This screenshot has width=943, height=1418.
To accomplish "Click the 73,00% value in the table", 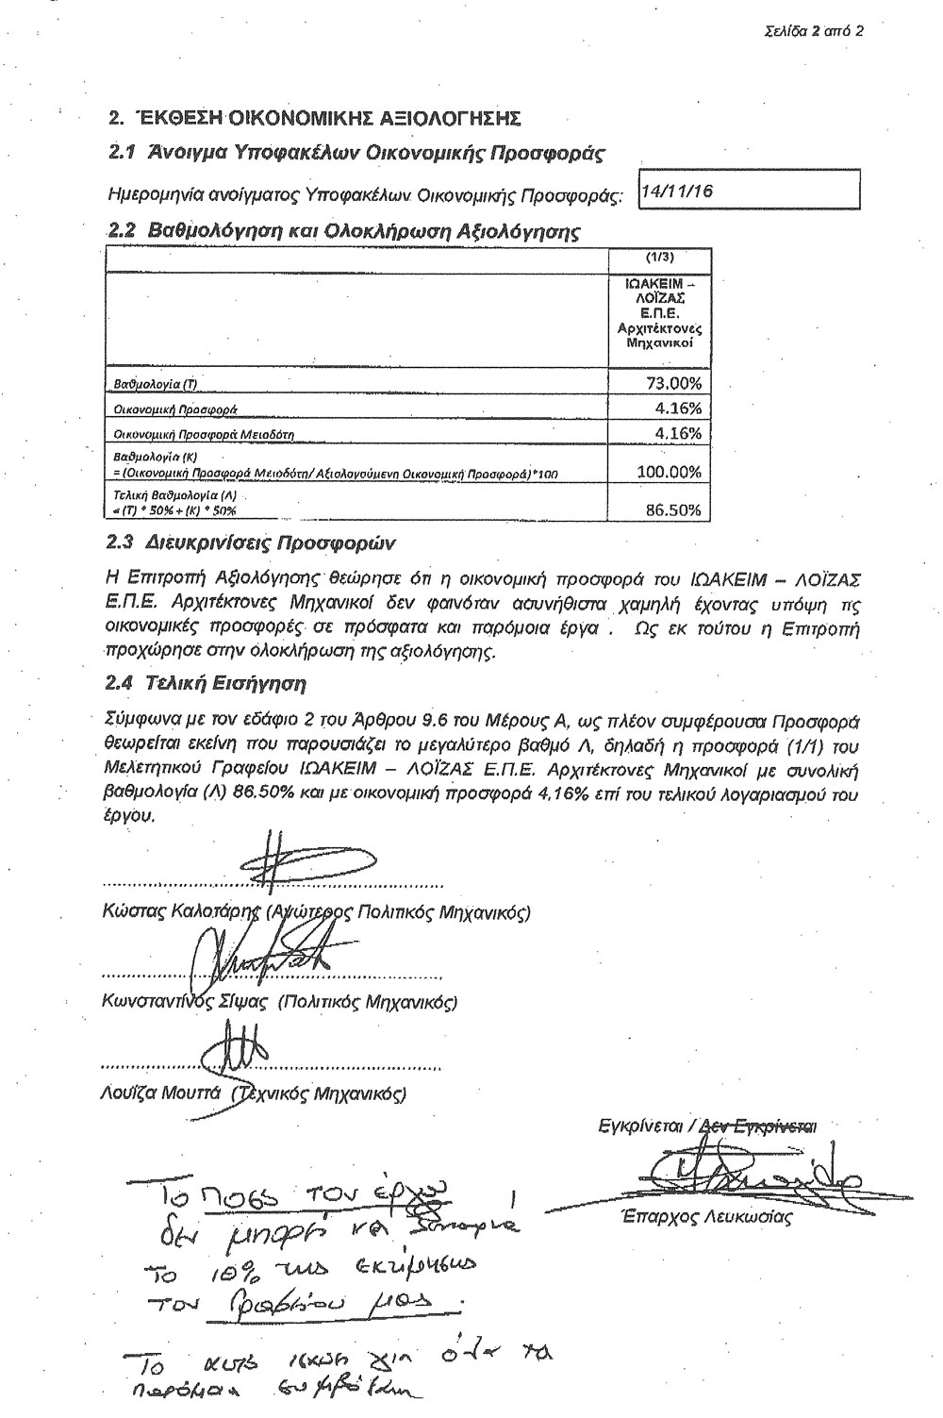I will (x=670, y=382).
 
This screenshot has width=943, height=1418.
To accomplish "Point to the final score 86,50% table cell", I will (x=673, y=509).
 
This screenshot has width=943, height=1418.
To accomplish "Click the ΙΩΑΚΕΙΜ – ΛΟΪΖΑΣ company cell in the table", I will (x=659, y=312).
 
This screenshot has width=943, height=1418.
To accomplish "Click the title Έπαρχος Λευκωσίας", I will (x=697, y=1217).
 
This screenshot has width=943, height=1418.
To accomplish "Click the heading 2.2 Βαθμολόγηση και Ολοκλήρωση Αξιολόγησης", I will (x=343, y=231).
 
